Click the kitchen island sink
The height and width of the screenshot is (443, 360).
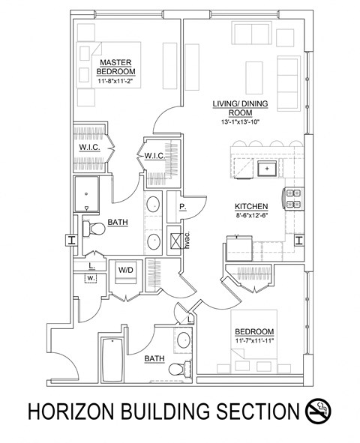[x=266, y=168]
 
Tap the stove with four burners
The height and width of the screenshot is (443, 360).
[x=292, y=198]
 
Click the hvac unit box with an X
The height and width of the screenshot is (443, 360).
[x=175, y=241]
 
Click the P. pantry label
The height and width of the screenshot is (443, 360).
[x=182, y=206]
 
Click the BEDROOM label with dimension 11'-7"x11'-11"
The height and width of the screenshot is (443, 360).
[x=254, y=332]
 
